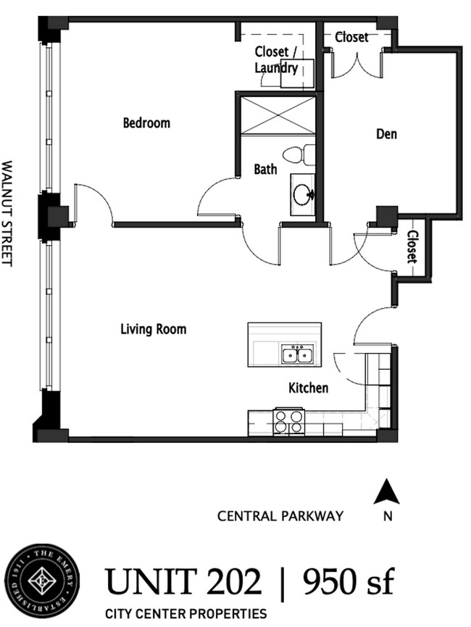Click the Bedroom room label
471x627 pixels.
click(x=146, y=123)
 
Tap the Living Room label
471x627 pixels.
click(x=153, y=329)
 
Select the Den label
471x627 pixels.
click(x=386, y=134)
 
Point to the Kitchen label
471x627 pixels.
click(x=308, y=388)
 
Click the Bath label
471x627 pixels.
click(x=265, y=170)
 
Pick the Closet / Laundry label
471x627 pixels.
click(x=276, y=60)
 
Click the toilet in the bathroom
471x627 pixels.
click(x=299, y=155)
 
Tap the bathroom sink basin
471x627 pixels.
click(x=303, y=194)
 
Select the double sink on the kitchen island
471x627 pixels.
click(x=297, y=354)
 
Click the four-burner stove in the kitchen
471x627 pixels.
click(x=288, y=422)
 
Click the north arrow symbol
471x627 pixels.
click(x=387, y=493)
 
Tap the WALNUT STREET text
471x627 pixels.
click(x=8, y=214)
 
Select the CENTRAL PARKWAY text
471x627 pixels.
click(x=280, y=516)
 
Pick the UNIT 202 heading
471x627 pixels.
click(x=184, y=581)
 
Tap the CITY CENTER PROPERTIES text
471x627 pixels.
click(x=186, y=613)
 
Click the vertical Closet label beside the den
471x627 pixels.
click(x=412, y=247)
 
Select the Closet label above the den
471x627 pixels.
click(x=351, y=37)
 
